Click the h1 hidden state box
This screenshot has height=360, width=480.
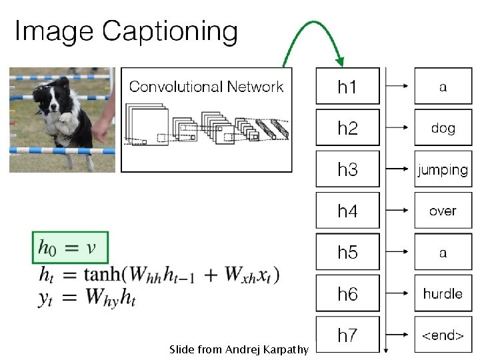pyautogui.click(x=347, y=87)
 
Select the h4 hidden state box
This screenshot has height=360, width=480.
pyautogui.click(x=347, y=211)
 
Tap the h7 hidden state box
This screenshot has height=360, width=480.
pyautogui.click(x=347, y=335)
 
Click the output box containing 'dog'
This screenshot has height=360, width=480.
pyautogui.click(x=443, y=128)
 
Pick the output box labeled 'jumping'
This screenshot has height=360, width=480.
pyautogui.click(x=443, y=169)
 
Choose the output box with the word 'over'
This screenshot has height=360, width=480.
pyautogui.click(x=443, y=211)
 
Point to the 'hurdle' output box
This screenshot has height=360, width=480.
pyautogui.click(x=443, y=293)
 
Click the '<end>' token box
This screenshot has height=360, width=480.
pyautogui.click(x=443, y=335)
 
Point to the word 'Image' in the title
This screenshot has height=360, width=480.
pyautogui.click(x=55, y=31)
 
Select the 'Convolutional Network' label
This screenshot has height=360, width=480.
pyautogui.click(x=206, y=86)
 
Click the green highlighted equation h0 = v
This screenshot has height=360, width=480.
pyautogui.click(x=69, y=248)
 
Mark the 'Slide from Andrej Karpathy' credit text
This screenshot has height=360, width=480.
pyautogui.click(x=239, y=349)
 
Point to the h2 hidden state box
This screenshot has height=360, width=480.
pyautogui.click(x=347, y=128)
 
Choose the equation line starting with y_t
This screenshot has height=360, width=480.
pyautogui.click(x=87, y=301)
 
